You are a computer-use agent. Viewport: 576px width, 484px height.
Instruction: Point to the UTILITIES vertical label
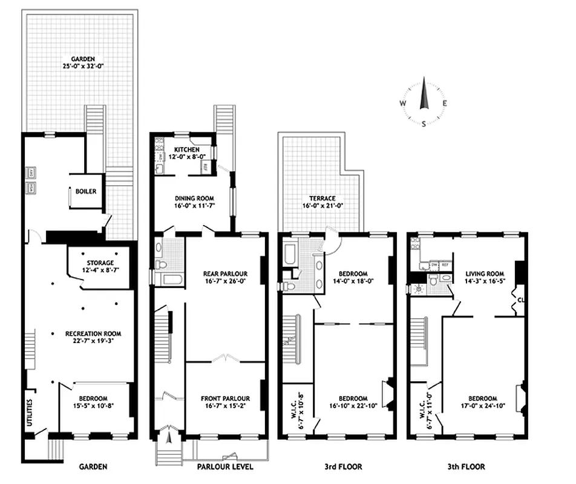[29, 411]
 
